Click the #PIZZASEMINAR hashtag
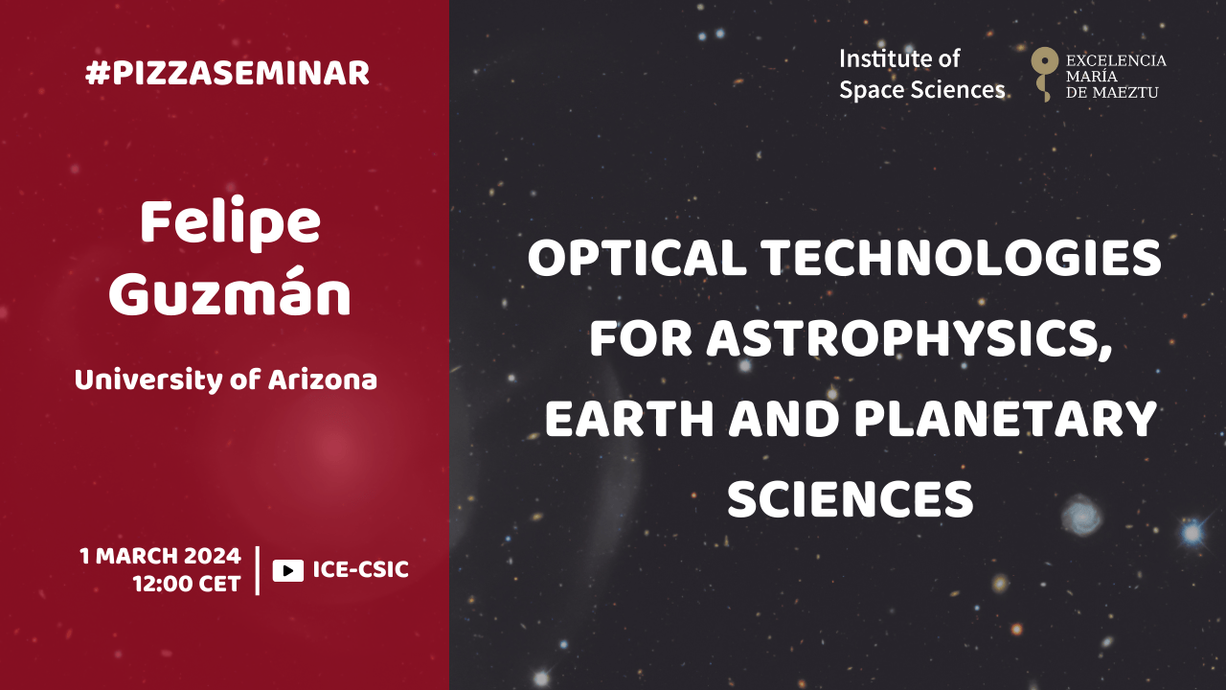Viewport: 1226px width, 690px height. coord(227,73)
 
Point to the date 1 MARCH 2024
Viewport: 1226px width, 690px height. coord(160,556)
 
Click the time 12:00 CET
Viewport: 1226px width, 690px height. coord(187,584)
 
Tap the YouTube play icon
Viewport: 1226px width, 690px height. coord(288,570)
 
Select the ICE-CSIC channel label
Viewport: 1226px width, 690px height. coord(361,569)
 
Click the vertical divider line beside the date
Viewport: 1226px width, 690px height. coord(258,570)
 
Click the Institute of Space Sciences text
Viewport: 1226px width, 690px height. coord(921,75)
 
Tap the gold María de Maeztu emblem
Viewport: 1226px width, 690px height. coord(1044,74)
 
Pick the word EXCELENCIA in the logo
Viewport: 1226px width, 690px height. coord(1116,60)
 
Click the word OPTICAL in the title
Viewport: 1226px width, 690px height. coord(638,258)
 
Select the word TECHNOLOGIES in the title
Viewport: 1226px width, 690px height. coord(961,258)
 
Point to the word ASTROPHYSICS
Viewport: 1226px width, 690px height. coord(909,339)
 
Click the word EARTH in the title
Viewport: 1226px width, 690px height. coord(629,419)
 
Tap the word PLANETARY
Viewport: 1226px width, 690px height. coord(1005,419)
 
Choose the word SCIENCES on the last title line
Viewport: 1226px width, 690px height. coord(850,499)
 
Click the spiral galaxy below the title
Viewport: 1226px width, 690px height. coord(1082,515)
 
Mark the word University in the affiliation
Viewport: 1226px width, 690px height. coord(148,380)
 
